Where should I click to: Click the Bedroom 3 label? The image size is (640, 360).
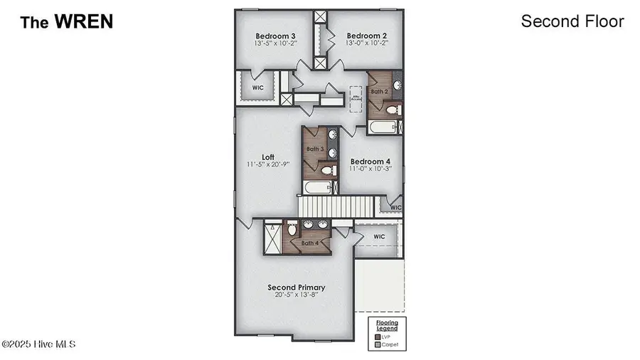click(276, 36)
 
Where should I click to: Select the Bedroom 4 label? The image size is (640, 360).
click(370, 162)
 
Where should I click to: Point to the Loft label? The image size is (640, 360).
click(268, 157)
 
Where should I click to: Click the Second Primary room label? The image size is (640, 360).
click(297, 287)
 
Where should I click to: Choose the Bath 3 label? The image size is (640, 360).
click(315, 149)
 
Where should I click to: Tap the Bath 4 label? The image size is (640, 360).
click(309, 243)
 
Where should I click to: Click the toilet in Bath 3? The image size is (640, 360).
click(327, 171)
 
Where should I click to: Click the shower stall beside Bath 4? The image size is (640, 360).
click(272, 238)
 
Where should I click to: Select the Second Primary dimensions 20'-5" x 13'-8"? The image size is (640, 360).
click(297, 295)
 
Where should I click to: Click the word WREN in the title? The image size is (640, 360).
click(85, 22)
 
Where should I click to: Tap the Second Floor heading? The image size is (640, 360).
click(572, 21)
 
